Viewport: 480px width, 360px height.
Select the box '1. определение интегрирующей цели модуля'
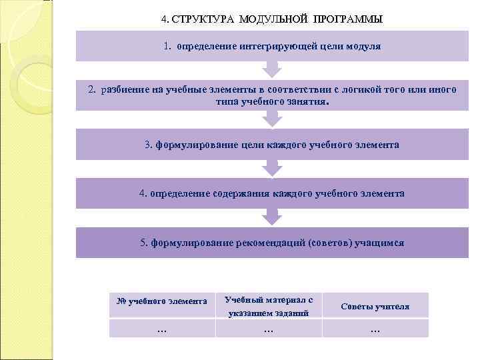(271, 47)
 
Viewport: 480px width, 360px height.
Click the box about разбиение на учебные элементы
(271, 95)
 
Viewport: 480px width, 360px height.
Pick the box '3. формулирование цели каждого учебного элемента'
(271, 145)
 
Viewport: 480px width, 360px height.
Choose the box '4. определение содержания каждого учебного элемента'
(271, 193)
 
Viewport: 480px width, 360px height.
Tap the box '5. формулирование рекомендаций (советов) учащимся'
(271, 243)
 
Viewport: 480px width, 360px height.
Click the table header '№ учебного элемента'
(162, 301)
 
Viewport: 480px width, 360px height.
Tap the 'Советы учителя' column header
(375, 307)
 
